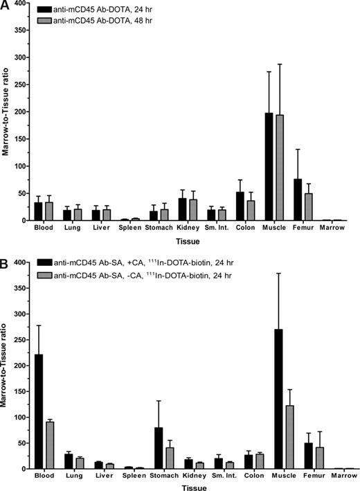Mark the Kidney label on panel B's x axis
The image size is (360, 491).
(192, 476)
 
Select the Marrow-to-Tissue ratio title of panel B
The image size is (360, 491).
(7, 367)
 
